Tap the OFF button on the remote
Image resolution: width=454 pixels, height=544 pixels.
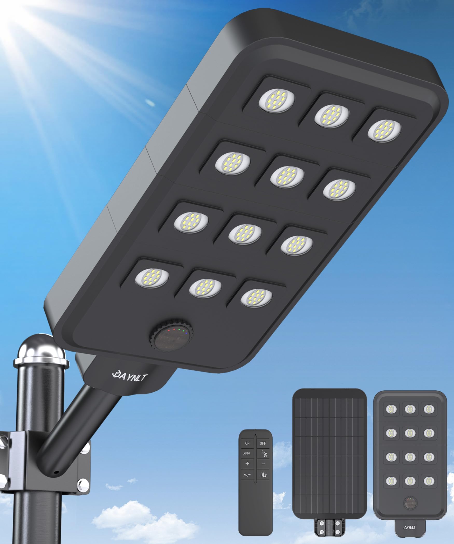coord(263,443)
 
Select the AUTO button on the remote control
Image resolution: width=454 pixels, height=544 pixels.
coord(247,453)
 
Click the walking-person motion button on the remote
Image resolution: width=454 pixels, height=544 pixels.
coord(263,454)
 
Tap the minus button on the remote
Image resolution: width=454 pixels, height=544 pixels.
coord(263,464)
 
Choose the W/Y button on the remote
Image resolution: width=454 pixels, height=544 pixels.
coord(247,475)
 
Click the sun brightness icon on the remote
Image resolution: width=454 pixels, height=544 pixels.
coord(264,475)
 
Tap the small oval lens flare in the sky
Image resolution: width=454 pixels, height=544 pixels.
coord(150,103)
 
